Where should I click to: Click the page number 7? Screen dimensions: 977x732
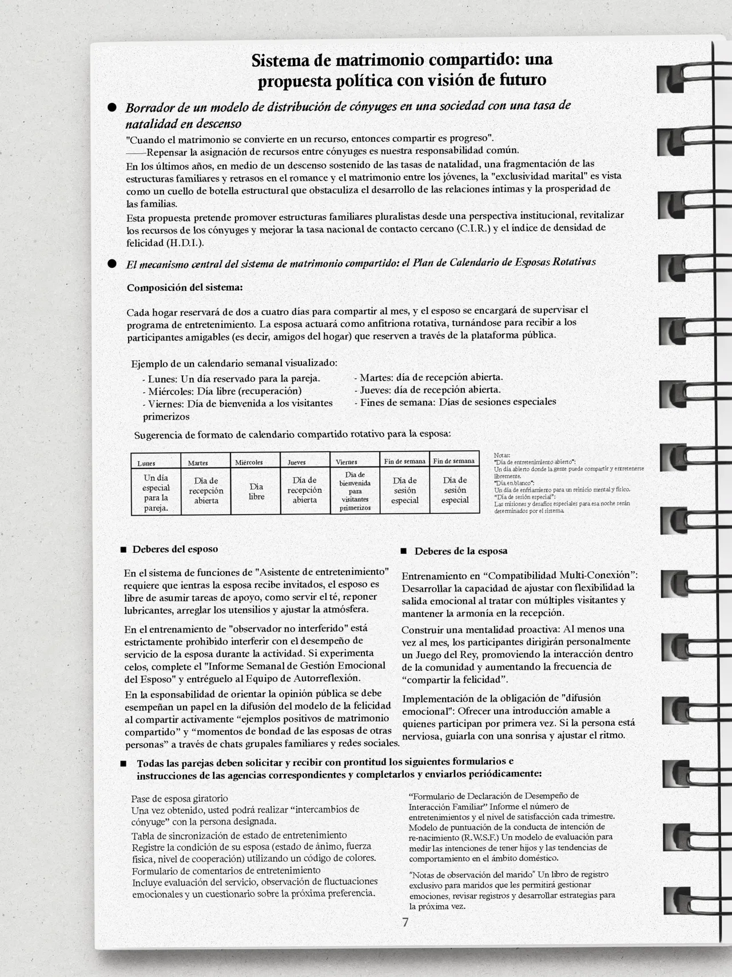[x=405, y=922]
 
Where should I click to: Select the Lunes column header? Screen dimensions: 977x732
[x=146, y=463]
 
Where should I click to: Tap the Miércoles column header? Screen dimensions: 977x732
[x=249, y=462]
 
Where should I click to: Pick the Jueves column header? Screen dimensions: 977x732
[x=296, y=462]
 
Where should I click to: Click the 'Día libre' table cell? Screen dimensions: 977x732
[x=256, y=492]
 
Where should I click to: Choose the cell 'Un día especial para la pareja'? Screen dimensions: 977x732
[x=156, y=492]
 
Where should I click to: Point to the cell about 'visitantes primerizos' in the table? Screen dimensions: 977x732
[x=355, y=491]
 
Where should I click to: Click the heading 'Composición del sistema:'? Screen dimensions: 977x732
[x=185, y=288]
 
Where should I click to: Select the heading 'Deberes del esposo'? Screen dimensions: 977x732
[x=175, y=549]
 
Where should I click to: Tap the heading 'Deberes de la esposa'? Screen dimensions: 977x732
[x=461, y=551]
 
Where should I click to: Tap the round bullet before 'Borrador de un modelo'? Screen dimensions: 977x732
[x=113, y=108]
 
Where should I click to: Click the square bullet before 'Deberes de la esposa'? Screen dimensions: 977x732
[x=403, y=551]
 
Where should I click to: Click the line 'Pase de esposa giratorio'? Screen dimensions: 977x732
[x=180, y=798]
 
